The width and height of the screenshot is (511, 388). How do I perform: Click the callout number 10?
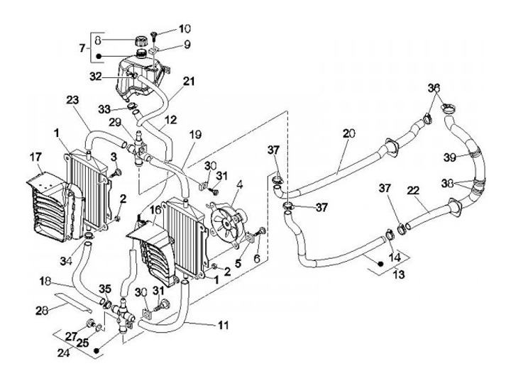click(185, 29)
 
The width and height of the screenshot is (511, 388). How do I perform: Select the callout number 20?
click(348, 133)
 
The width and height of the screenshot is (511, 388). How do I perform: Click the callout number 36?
click(434, 88)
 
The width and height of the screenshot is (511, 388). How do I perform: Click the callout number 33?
click(105, 109)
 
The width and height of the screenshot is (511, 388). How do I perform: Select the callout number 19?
click(195, 133)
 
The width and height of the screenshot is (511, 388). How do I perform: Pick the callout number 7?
click(82, 48)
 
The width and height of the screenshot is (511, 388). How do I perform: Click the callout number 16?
click(156, 210)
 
